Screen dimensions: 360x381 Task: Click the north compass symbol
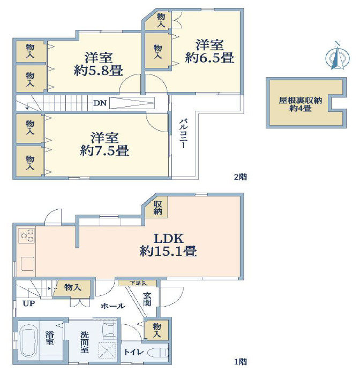point(337,56)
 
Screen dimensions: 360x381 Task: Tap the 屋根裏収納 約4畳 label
point(300,104)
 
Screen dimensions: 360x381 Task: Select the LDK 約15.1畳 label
point(168,245)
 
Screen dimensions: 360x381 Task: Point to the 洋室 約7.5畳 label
point(104,144)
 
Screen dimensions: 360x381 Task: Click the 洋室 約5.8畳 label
point(99,64)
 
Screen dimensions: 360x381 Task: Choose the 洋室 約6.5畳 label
point(209,51)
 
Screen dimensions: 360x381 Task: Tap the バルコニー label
point(183,133)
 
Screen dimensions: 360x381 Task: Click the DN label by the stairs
point(100,103)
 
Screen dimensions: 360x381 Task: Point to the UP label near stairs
point(29,303)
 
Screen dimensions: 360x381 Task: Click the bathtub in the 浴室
point(29,341)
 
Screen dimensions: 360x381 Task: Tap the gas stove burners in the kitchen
point(27,235)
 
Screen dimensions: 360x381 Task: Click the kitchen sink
point(27,264)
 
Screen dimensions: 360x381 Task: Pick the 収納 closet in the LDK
point(157,207)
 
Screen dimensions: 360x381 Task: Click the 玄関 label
point(147,299)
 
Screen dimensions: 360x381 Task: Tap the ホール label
point(113,306)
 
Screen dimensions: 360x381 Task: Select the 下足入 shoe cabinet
point(138,283)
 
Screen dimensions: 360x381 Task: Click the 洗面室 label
point(85,342)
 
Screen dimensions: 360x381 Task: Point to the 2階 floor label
point(241,177)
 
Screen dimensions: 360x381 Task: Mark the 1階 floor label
point(241,362)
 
